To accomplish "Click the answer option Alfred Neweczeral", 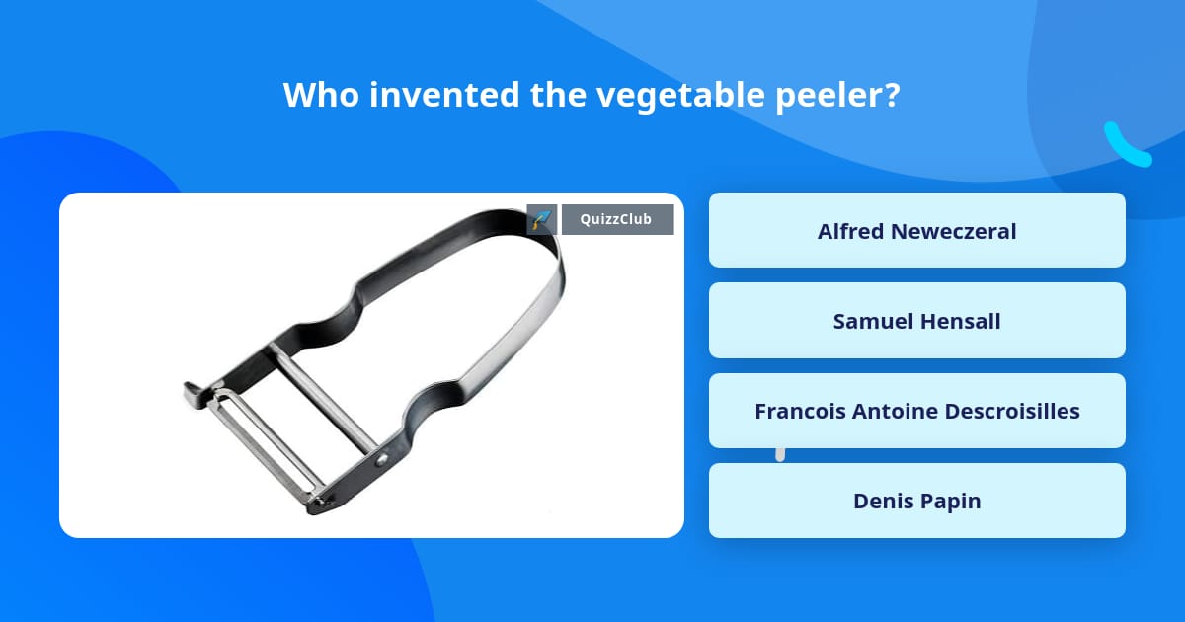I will pos(916,230).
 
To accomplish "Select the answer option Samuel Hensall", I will pos(916,321).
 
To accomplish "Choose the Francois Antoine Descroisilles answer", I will pos(916,411).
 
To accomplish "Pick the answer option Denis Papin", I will pos(916,501).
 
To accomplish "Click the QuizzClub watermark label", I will pos(617,219).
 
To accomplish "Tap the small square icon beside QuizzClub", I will pos(542,219).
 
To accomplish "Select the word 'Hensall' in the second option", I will pos(961,321).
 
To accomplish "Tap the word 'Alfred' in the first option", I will pos(850,230).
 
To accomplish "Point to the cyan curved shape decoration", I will pos(1125,146).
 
